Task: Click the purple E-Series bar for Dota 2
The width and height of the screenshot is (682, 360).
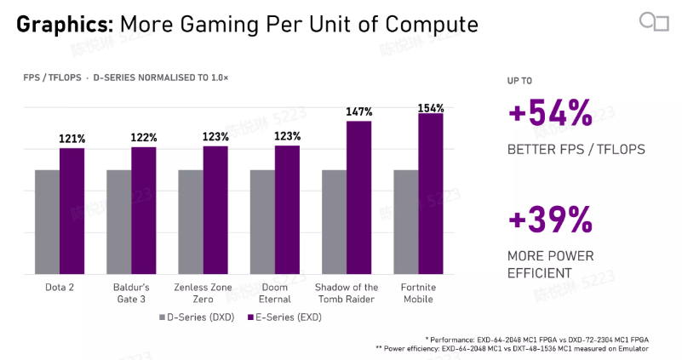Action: point(72,211)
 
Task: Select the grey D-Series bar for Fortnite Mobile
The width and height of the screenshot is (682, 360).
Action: point(406,222)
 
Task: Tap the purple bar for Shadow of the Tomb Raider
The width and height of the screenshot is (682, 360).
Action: point(358,197)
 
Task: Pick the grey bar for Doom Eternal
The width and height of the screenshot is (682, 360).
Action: point(262,222)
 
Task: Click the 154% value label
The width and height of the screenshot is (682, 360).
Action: point(431,108)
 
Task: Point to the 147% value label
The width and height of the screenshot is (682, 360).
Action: point(359,111)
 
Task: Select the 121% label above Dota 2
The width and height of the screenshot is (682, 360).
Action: point(72,139)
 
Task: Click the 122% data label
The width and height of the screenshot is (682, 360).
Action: point(144,138)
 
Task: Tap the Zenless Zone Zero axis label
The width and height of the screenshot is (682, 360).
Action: point(203,293)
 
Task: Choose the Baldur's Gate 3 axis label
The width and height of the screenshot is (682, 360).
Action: point(131,293)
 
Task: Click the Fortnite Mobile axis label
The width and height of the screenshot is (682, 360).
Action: point(418,293)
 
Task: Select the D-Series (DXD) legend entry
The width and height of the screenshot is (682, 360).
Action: point(197,317)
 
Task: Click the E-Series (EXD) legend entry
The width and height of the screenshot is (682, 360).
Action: point(285,317)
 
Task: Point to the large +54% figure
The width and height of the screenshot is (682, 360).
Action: point(551,113)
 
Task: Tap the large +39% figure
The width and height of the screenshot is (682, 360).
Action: point(551,220)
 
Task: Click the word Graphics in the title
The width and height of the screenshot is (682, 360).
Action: point(65,25)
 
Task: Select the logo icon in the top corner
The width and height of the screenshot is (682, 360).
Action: point(654,22)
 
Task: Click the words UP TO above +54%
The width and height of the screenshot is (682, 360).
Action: point(519,81)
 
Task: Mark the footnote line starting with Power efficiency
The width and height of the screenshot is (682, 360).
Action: point(512,349)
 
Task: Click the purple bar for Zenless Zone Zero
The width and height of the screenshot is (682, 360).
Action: point(215,210)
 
